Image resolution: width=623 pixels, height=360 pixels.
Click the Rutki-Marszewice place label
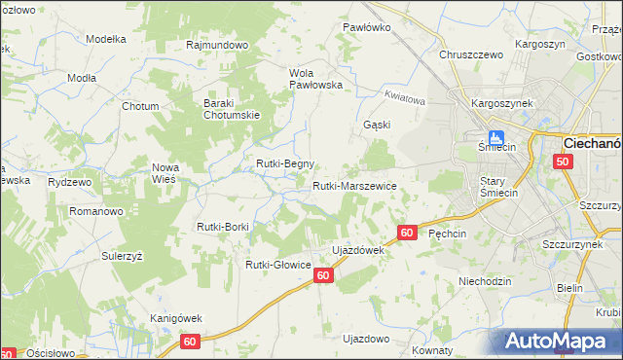[x=354, y=186]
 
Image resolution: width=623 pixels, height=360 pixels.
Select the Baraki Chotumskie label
[x=230, y=109]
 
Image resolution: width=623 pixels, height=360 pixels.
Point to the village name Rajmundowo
[x=218, y=46]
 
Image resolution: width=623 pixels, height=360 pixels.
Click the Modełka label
[x=107, y=39]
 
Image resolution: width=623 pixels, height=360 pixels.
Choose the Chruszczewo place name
[x=470, y=55]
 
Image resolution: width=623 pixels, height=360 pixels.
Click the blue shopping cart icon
[x=495, y=138]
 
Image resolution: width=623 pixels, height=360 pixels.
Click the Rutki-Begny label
[x=284, y=164]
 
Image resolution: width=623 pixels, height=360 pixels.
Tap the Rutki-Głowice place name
[x=277, y=265]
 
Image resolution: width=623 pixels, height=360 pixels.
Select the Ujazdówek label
[x=359, y=250]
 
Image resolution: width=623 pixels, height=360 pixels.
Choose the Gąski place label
[x=377, y=125]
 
